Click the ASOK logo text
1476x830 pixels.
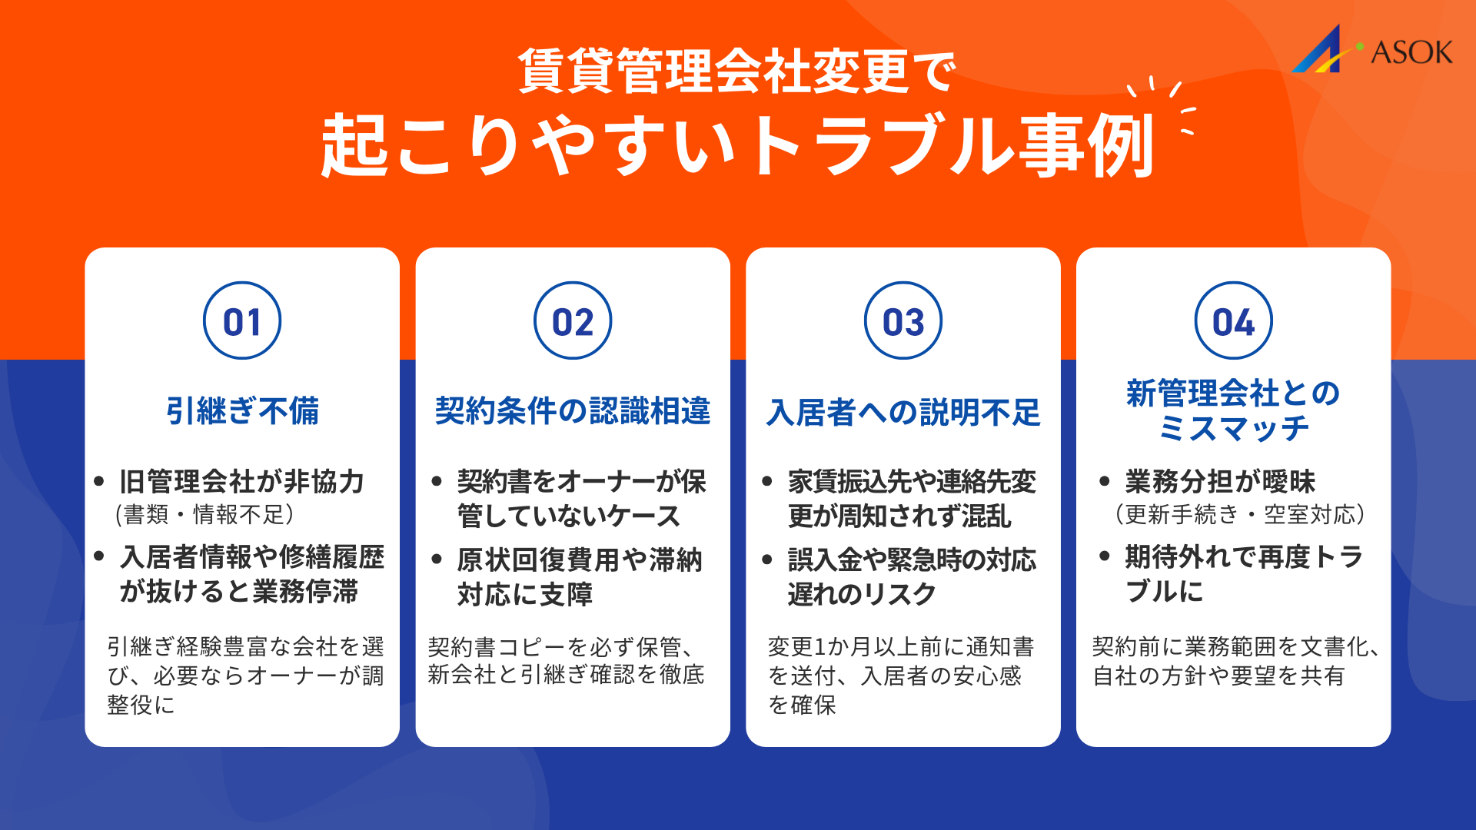tap(1411, 52)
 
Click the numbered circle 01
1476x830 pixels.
tap(242, 321)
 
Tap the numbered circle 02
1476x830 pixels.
tap(573, 321)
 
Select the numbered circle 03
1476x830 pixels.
tap(903, 321)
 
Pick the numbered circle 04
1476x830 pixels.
tap(1233, 321)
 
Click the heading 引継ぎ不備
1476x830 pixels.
tap(242, 410)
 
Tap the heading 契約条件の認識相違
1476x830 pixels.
tap(573, 410)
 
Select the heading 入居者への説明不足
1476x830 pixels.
tap(903, 413)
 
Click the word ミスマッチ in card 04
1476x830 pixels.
tap(1233, 429)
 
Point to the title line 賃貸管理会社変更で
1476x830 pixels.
tap(736, 71)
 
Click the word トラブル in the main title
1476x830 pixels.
tap(880, 146)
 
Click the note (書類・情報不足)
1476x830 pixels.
tap(204, 514)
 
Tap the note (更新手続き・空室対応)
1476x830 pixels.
tap(1239, 514)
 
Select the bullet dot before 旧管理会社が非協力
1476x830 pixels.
tap(98, 482)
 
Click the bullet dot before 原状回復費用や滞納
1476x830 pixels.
tap(437, 559)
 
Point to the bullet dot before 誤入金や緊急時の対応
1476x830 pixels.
tap(766, 559)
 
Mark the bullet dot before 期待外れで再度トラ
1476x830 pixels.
tap(1105, 556)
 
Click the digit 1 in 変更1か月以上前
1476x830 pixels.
tap(819, 647)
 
